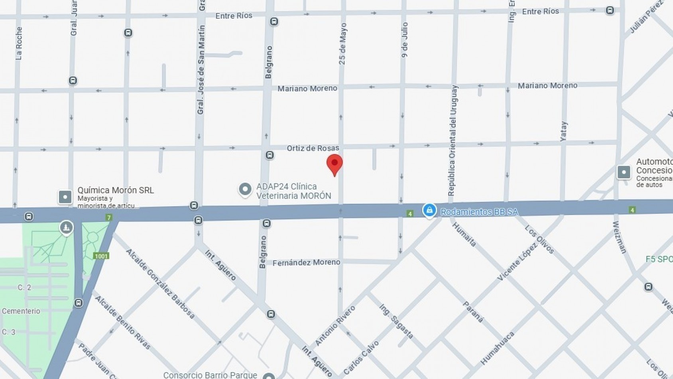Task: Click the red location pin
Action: pos(335,164)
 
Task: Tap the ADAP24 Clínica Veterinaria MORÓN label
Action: pos(293,191)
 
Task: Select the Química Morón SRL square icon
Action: pos(65,197)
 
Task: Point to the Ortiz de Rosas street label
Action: pos(313,148)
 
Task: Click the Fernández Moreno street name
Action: pos(306,262)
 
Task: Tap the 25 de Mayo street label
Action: pos(342,44)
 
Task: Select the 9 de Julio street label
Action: pos(404,39)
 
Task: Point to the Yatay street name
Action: pos(563,131)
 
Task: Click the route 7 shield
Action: pos(109,217)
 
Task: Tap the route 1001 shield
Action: pos(101,256)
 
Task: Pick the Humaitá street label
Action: pos(464,234)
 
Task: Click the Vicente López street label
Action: pos(518,261)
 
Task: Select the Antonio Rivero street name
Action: pos(335,326)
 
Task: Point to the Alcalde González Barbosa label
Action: pos(160,284)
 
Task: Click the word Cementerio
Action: pos(21,311)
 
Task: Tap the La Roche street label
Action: pos(19,43)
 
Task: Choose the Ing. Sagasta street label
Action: pos(396,322)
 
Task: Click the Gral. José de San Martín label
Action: pos(201,70)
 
